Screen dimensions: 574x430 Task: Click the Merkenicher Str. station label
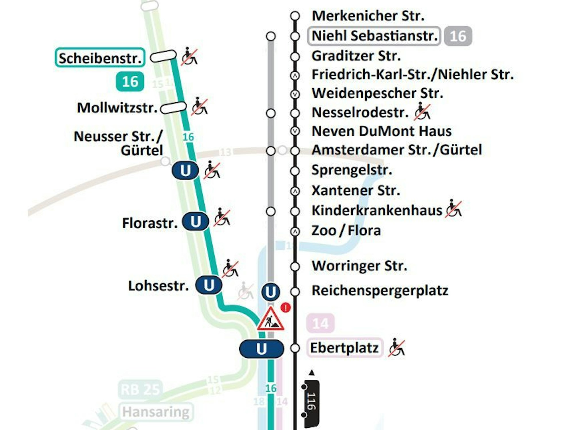pyautogui.click(x=368, y=16)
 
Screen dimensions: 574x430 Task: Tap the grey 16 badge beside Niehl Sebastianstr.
pyautogui.click(x=458, y=36)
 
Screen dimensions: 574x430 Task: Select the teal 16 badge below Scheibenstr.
pyautogui.click(x=130, y=82)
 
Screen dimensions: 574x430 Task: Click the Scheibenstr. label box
pyautogui.click(x=100, y=58)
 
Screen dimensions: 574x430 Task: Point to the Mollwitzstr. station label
pyautogui.click(x=117, y=108)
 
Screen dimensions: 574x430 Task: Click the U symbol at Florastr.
pyautogui.click(x=195, y=221)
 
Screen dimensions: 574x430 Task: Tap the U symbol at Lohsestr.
pyautogui.click(x=209, y=285)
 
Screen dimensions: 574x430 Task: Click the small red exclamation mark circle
pyautogui.click(x=285, y=308)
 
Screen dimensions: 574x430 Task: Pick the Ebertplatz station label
pyautogui.click(x=344, y=348)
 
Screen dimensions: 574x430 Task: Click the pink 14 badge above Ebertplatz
pyautogui.click(x=320, y=323)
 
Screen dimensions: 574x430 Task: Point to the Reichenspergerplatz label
pyautogui.click(x=380, y=290)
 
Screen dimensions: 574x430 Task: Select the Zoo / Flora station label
pyautogui.click(x=346, y=231)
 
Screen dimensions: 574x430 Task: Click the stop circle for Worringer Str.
pyautogui.click(x=295, y=267)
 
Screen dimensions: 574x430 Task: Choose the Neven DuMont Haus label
pyautogui.click(x=381, y=131)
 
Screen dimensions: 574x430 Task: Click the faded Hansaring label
pyautogui.click(x=156, y=412)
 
